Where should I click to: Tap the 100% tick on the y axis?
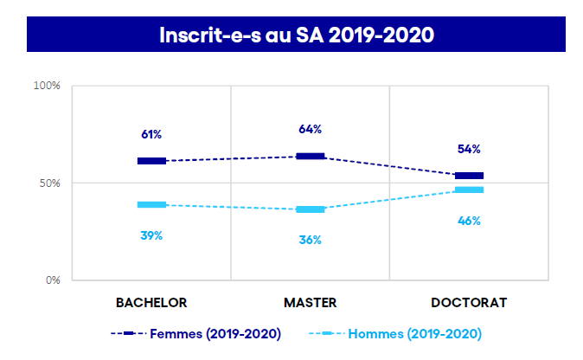coord(47,86)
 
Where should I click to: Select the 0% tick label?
coord(52,280)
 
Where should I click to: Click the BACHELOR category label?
coord(151,303)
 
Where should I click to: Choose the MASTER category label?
coord(310,303)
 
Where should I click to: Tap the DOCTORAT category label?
coord(469,303)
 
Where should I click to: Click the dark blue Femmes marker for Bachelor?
coord(151,161)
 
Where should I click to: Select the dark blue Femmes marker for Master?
coord(310,157)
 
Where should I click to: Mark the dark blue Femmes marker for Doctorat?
coord(469,176)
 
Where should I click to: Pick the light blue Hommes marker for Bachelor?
coord(151,205)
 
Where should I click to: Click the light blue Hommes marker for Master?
coord(310,209)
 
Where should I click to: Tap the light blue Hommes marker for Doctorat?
coord(469,190)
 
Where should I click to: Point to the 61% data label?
coord(151,135)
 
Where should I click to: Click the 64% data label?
coord(310,129)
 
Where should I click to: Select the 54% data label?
coord(469,149)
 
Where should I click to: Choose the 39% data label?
coord(151,235)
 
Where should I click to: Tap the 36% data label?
coord(310,240)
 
